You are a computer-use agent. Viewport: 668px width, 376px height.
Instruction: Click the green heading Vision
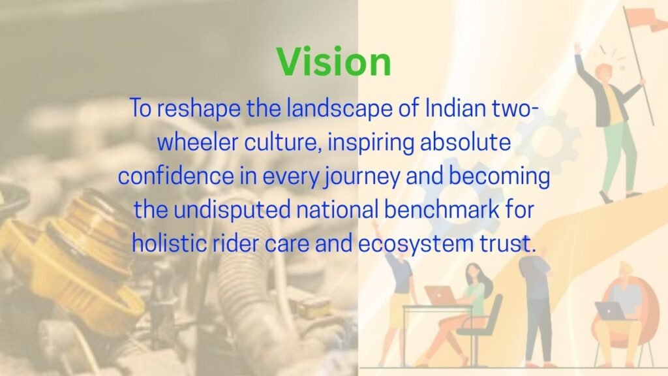[333, 62]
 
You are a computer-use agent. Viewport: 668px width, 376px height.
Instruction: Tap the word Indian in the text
[455, 108]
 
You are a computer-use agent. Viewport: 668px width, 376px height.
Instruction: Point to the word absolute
[465, 142]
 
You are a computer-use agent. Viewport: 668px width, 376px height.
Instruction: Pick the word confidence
[176, 176]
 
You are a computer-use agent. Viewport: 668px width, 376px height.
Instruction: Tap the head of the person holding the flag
[605, 73]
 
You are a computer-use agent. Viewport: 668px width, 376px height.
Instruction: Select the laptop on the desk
[440, 296]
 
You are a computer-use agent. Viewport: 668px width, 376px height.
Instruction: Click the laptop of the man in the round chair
[609, 311]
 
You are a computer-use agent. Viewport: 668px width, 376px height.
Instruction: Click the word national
[337, 210]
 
